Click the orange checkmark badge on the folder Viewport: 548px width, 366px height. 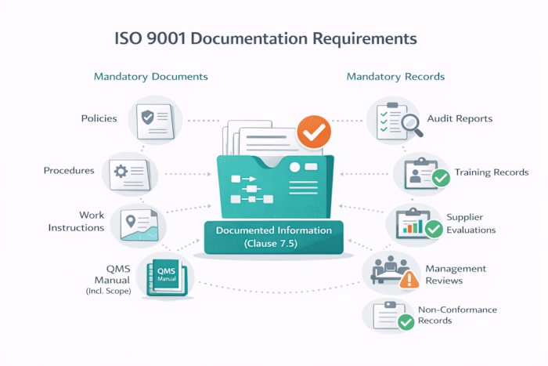click(314, 132)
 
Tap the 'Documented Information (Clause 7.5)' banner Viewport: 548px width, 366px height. click(274, 237)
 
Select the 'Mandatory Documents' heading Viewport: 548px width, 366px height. click(151, 77)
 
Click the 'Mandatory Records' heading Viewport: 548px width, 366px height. click(395, 77)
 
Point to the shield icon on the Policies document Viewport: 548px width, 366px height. click(147, 118)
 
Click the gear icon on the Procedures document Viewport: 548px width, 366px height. click(121, 172)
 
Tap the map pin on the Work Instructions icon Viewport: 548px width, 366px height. click(131, 221)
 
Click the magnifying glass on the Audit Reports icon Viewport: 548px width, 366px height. click(412, 125)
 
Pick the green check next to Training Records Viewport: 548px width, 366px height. click(441, 178)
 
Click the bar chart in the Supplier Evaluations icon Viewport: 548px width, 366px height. click(413, 226)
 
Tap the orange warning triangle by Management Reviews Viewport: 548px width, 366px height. click(409, 280)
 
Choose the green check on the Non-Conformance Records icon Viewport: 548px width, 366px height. click(406, 322)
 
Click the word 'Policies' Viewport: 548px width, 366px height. click(99, 118)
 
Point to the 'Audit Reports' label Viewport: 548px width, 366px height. click(460, 118)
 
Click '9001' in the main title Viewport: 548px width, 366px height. click(166, 38)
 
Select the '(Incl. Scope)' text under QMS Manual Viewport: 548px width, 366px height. click(108, 291)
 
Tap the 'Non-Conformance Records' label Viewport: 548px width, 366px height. click(457, 315)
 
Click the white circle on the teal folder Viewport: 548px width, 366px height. click(294, 167)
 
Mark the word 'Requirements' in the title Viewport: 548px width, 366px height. click(365, 39)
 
